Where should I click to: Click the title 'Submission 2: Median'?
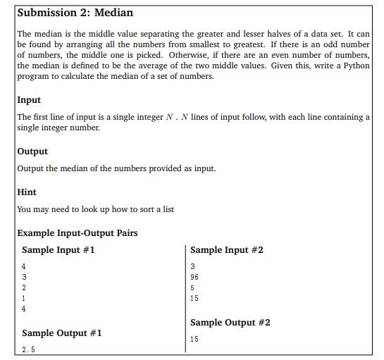pyautogui.click(x=75, y=13)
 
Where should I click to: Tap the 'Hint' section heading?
pyautogui.click(x=27, y=192)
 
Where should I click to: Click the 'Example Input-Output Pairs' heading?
pyautogui.click(x=78, y=233)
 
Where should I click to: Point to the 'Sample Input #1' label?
pyautogui.click(x=58, y=250)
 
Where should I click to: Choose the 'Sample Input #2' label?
pyautogui.click(x=227, y=250)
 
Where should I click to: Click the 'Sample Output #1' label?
pyautogui.click(x=62, y=333)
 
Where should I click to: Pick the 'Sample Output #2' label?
pyautogui.click(x=230, y=323)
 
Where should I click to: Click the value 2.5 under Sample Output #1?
pyautogui.click(x=28, y=349)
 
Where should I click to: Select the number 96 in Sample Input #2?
pyautogui.click(x=194, y=277)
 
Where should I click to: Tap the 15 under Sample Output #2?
pyautogui.click(x=194, y=339)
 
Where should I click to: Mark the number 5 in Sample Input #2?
pyautogui.click(x=192, y=287)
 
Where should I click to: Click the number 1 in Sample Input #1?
pyautogui.click(x=24, y=298)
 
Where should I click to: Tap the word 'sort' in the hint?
pyautogui.click(x=141, y=209)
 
